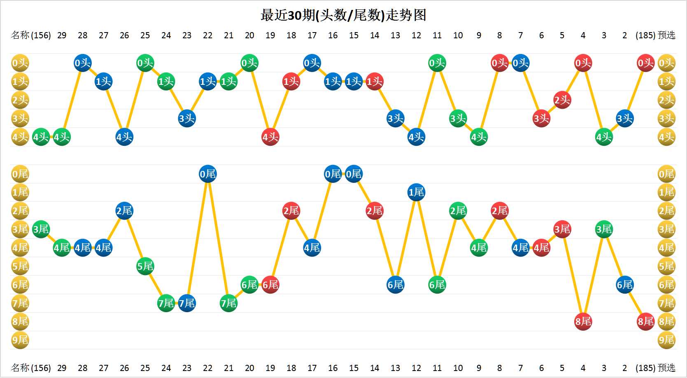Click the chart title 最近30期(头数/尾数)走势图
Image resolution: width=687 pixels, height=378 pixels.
pyautogui.click(x=343, y=15)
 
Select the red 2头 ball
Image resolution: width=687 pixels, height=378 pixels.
pyautogui.click(x=562, y=100)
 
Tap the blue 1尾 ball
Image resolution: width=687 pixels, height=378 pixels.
pyautogui.click(x=416, y=192)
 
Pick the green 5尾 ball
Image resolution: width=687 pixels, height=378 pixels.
pyautogui.click(x=145, y=266)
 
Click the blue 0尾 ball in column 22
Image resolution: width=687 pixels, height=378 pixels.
pyautogui.click(x=207, y=174)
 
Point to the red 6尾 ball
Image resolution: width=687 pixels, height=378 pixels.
pyautogui.click(x=270, y=285)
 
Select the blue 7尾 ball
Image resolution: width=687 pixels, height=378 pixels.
pyautogui.click(x=187, y=303)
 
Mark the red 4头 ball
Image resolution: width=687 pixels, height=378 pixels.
pyautogui.click(x=270, y=137)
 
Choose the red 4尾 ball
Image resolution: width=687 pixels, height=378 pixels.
pyautogui.click(x=541, y=248)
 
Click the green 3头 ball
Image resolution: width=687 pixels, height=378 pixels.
pyautogui.click(x=458, y=119)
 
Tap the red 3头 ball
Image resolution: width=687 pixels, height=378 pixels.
pyautogui.click(x=541, y=119)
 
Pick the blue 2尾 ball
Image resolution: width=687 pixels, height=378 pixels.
pyautogui.click(x=124, y=211)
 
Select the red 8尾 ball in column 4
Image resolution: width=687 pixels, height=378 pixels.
pyautogui.click(x=583, y=322)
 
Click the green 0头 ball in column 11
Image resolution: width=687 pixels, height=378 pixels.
pyautogui.click(x=437, y=63)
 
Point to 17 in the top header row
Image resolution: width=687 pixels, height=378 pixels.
pyautogui.click(x=312, y=35)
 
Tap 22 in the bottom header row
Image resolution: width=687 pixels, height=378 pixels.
pyautogui.click(x=207, y=368)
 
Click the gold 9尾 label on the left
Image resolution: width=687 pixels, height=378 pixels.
pyautogui.click(x=20, y=340)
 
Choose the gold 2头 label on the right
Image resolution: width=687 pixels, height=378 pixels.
pyautogui.click(x=666, y=100)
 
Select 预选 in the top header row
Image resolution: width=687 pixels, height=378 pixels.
pyautogui.click(x=666, y=35)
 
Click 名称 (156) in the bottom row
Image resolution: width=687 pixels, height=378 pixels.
pyautogui.click(x=31, y=368)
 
